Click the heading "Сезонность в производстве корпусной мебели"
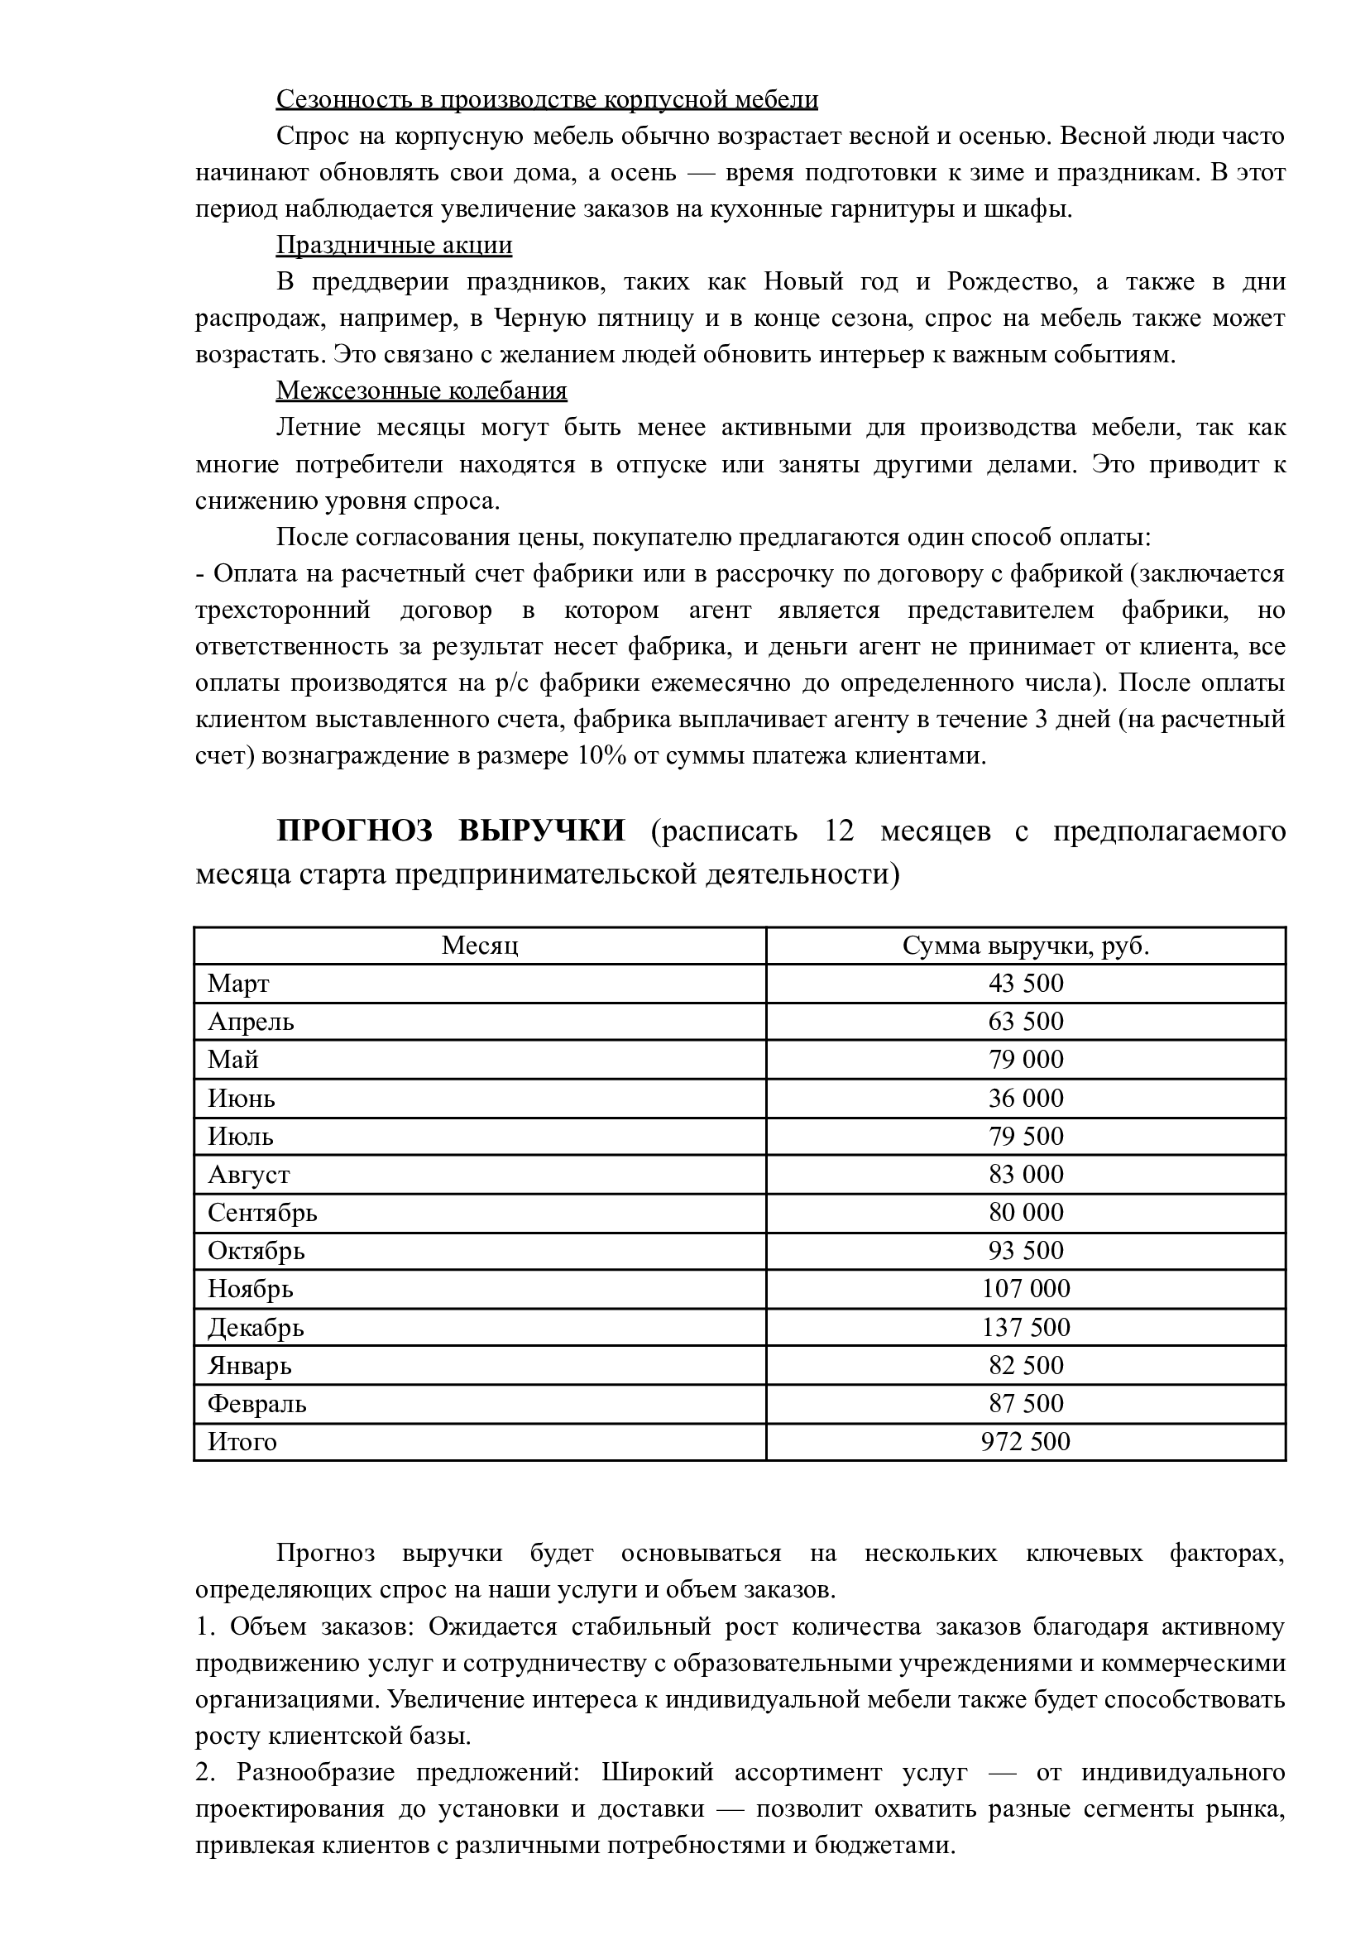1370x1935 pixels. (547, 99)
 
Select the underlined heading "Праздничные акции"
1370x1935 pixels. (394, 246)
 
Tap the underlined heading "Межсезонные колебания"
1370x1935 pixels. (421, 391)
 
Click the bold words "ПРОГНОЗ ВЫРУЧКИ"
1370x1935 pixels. (452, 831)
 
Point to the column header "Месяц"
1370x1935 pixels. (480, 946)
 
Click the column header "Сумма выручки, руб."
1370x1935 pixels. (1026, 946)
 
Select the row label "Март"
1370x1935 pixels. (239, 984)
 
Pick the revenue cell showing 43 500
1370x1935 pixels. (1026, 984)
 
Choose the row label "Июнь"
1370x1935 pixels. (242, 1099)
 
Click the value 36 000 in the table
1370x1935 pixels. (1026, 1099)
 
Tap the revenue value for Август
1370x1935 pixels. (1026, 1174)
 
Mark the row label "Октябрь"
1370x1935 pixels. (256, 1251)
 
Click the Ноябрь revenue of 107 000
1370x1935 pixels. (1026, 1289)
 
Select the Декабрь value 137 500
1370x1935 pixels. (1026, 1328)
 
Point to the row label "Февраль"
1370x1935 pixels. (257, 1404)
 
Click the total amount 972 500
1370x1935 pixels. (1026, 1442)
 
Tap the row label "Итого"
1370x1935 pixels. (242, 1442)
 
